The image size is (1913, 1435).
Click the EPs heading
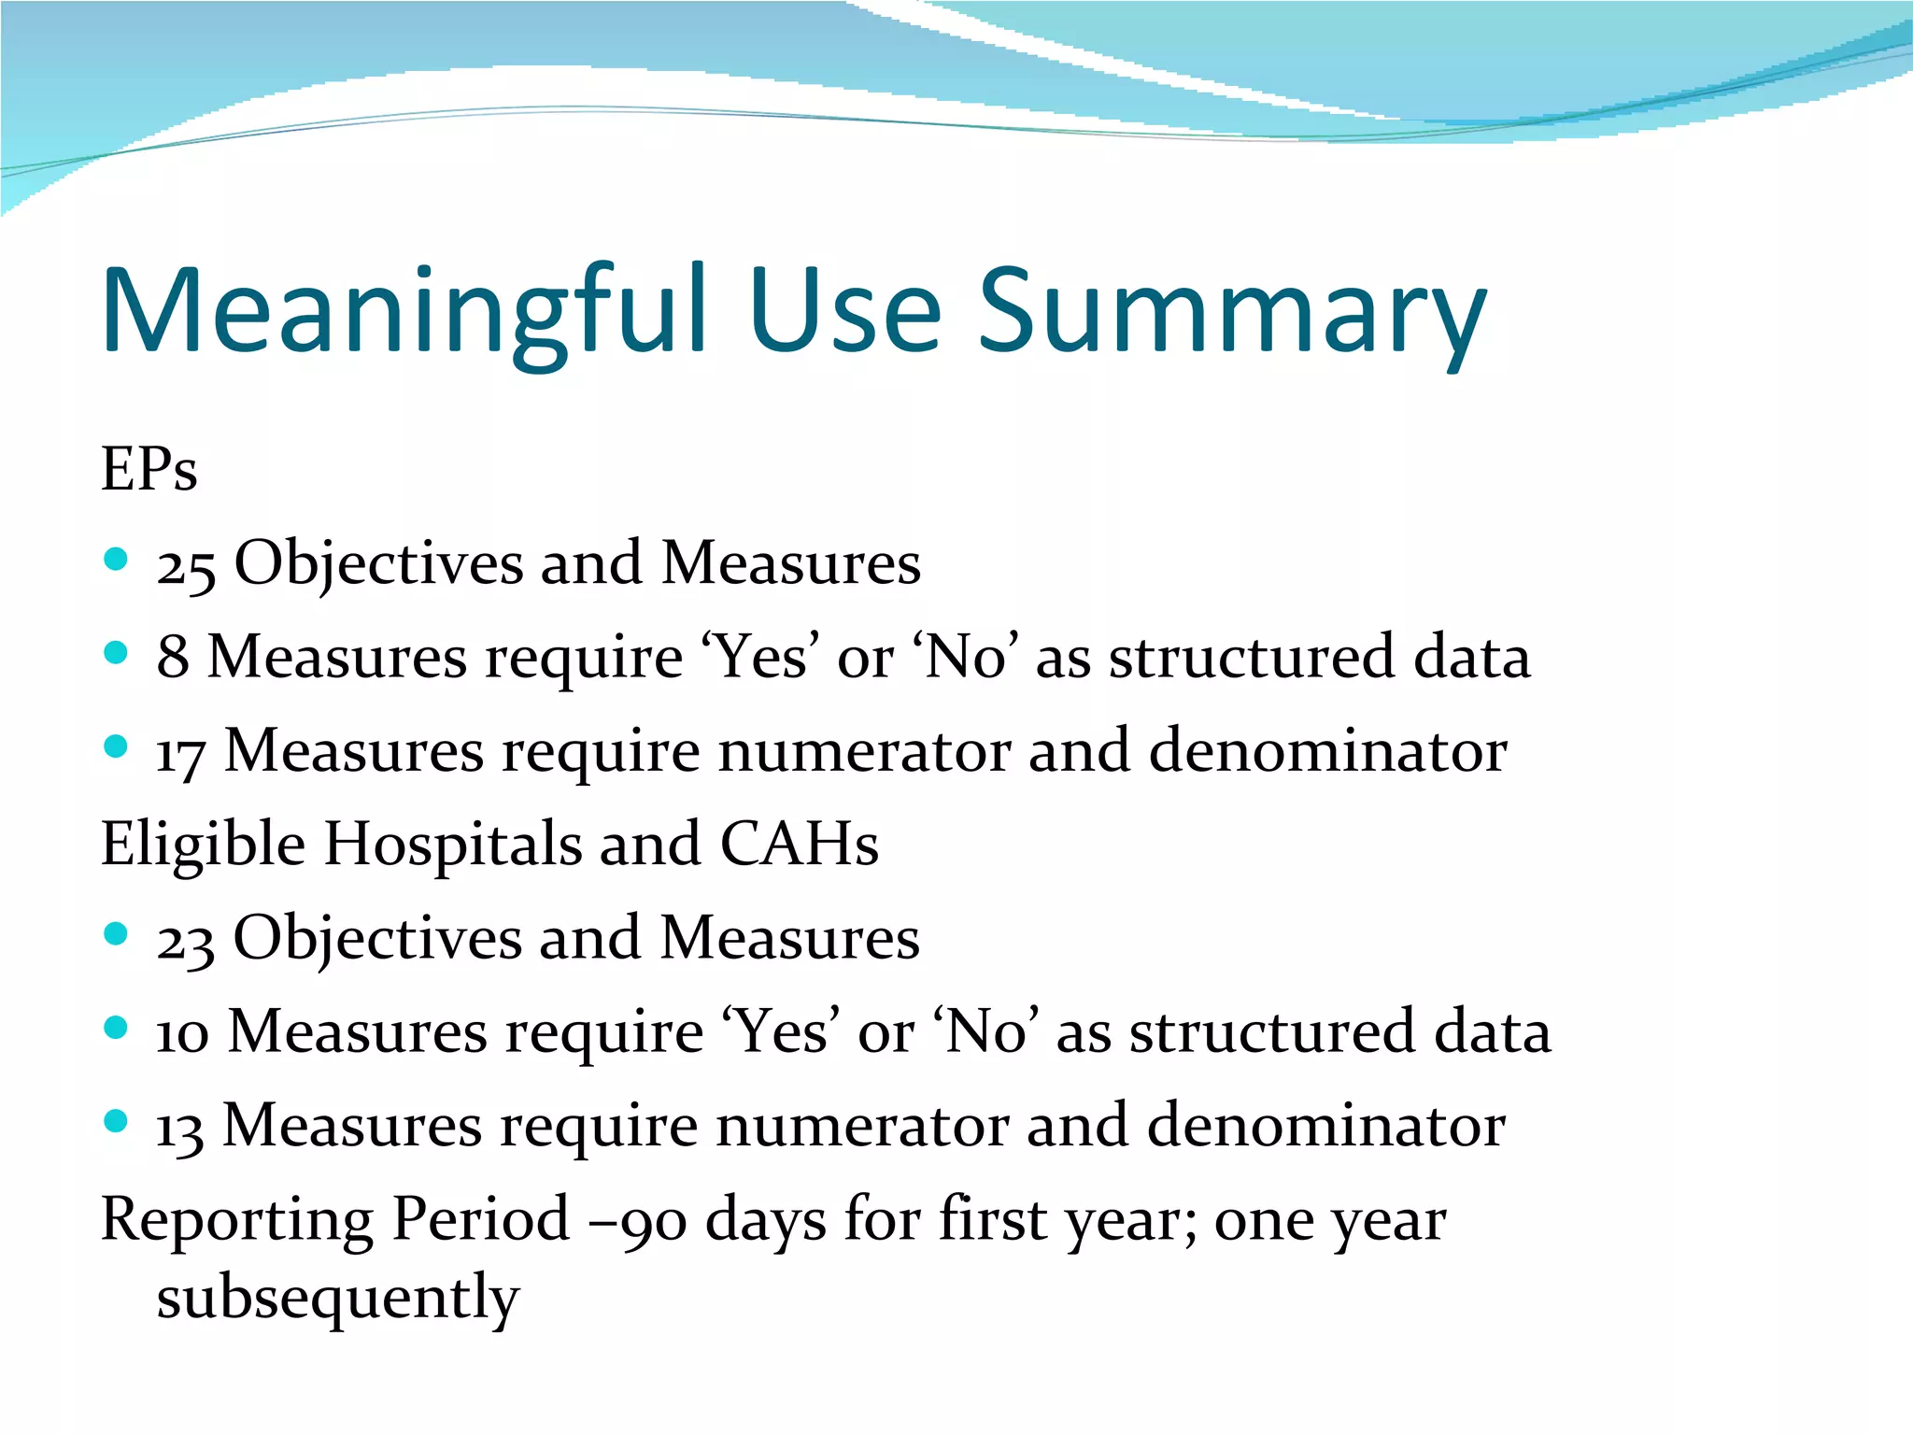point(149,469)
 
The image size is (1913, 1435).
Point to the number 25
point(186,566)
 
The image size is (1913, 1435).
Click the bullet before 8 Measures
point(116,653)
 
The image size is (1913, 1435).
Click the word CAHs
point(799,844)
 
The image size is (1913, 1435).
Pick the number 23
point(185,940)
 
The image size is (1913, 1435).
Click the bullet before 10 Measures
point(116,1028)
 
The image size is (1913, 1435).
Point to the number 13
point(178,1128)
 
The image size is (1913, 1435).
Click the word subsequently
point(337,1299)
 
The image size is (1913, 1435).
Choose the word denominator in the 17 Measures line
point(1327,751)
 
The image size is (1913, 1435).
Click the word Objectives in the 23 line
point(377,939)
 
